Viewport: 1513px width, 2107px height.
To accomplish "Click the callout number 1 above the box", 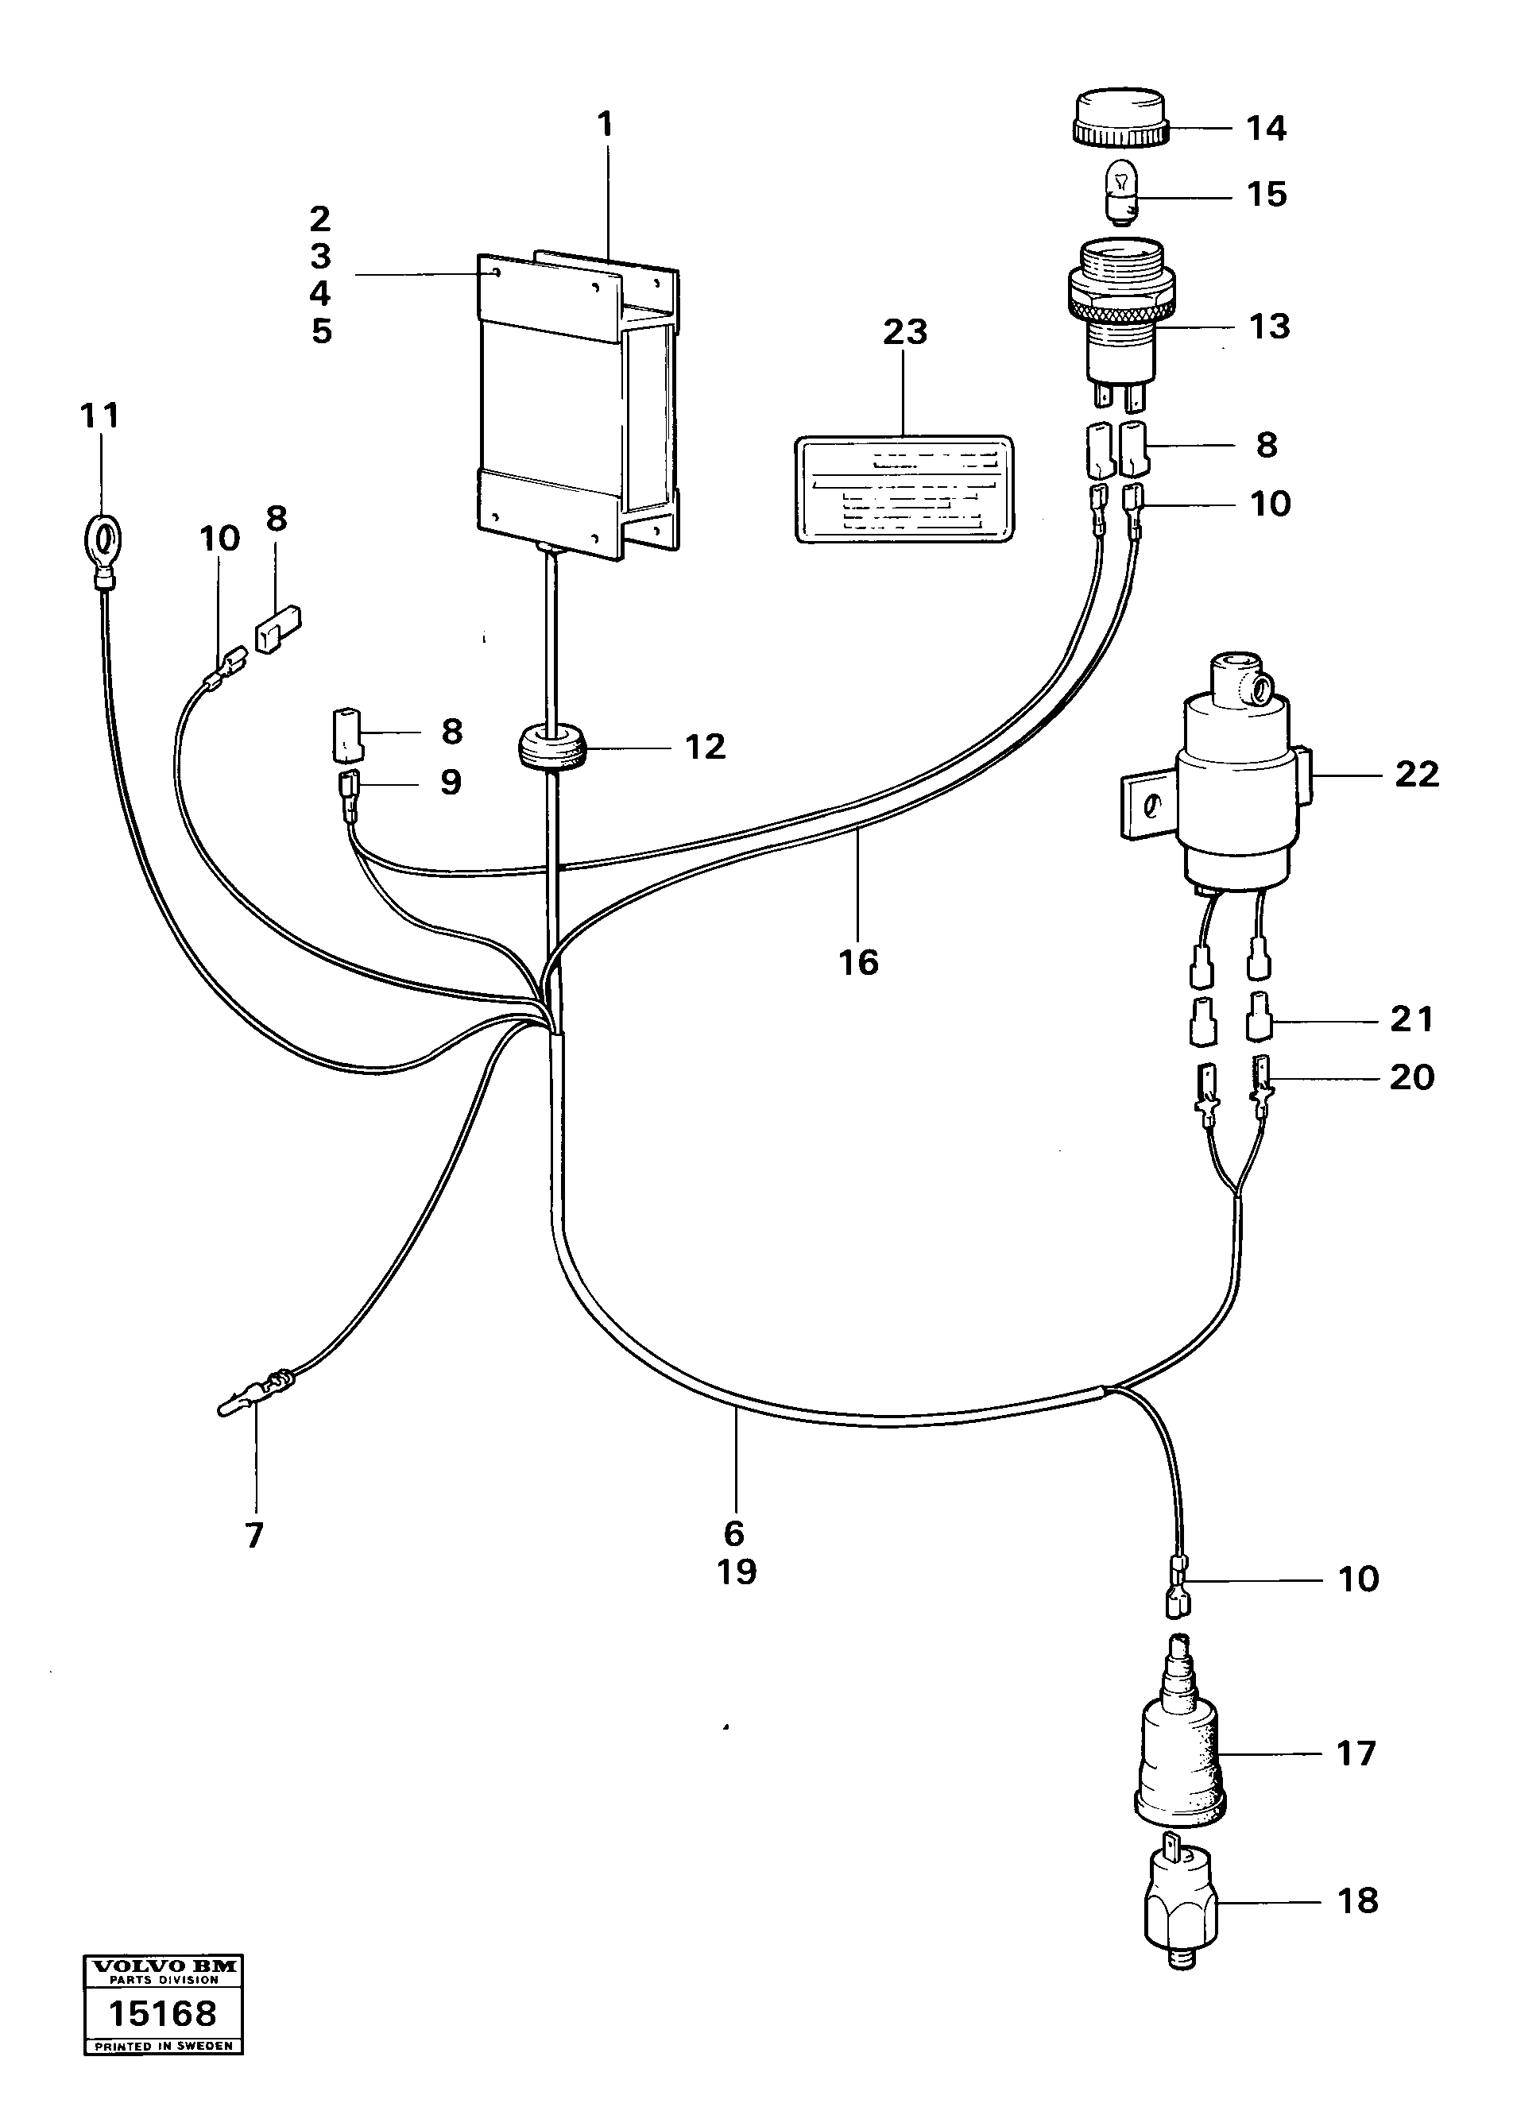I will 605,124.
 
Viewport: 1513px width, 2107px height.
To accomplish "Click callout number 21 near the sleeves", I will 1410,1019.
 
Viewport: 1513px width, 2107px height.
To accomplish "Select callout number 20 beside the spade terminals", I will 1410,1077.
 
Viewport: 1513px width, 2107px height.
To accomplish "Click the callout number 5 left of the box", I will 320,331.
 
